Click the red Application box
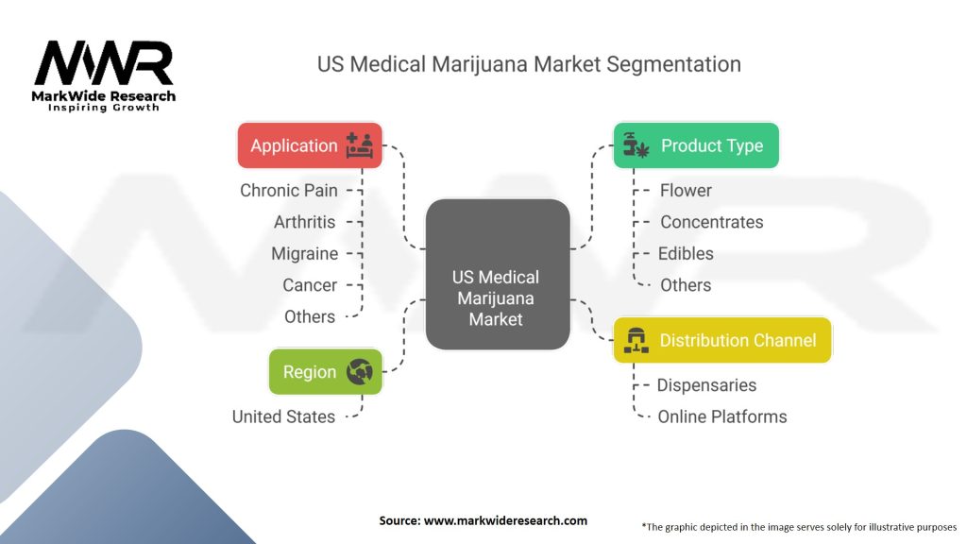(310, 145)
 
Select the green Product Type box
(696, 145)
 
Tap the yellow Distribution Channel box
(722, 340)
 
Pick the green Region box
(326, 372)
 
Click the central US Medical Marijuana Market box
(497, 297)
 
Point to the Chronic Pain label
(288, 190)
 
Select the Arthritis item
(304, 222)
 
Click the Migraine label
(304, 253)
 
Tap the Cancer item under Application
(309, 285)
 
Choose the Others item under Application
(309, 316)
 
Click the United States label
(283, 416)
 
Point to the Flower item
(686, 190)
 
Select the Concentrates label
(711, 222)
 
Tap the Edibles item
(687, 253)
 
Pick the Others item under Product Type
(686, 285)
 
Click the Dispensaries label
(706, 385)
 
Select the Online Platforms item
(721, 416)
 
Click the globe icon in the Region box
(359, 372)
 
